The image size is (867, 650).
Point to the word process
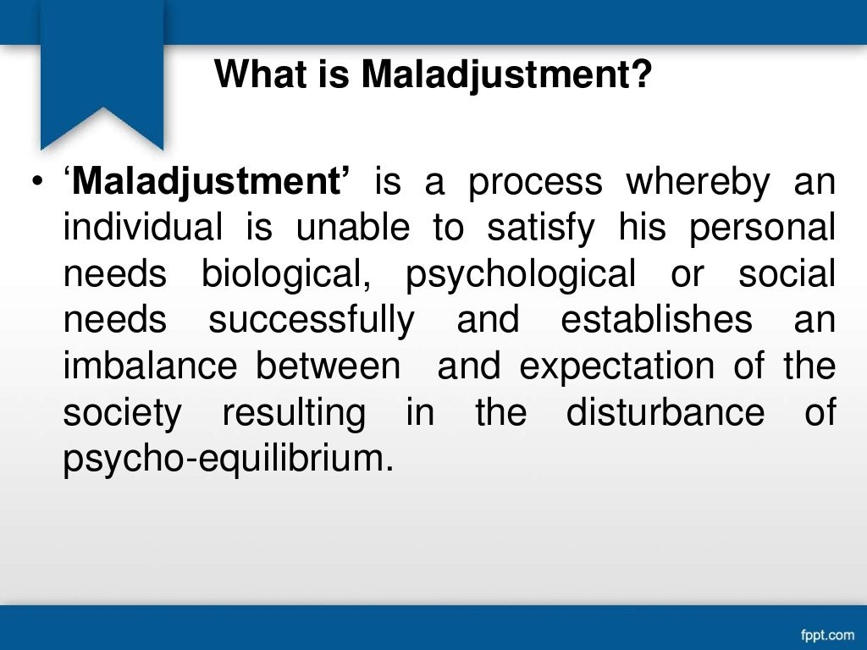tap(535, 182)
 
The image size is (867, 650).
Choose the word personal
tap(762, 229)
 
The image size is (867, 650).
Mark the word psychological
tap(521, 275)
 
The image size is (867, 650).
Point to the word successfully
tap(312, 321)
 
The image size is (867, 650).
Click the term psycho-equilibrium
tap(229, 460)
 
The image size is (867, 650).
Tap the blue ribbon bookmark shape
tap(102, 76)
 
